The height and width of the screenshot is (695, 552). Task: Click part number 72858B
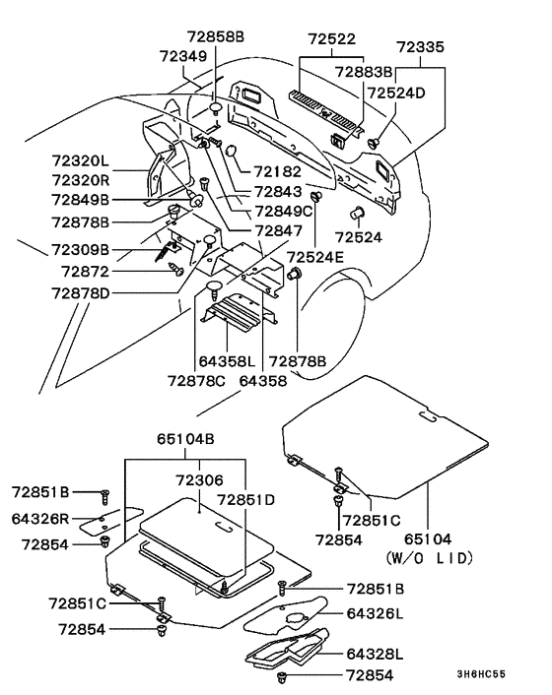[x=215, y=36]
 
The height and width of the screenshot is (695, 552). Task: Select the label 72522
[x=332, y=39]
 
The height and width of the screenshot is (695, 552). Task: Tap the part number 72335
[x=420, y=47]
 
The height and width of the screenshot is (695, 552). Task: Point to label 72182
[x=277, y=172]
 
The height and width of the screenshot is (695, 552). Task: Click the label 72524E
[x=315, y=257]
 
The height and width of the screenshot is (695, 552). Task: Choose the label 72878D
[x=80, y=293]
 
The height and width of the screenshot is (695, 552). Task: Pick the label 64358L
[x=227, y=361]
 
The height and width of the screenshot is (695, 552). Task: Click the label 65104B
[x=185, y=439]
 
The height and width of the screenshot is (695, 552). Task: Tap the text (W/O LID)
[x=429, y=557]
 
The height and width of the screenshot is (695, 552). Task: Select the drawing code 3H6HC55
[x=481, y=674]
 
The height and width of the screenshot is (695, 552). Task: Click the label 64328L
[x=375, y=655]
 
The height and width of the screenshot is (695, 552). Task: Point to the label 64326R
[x=40, y=519]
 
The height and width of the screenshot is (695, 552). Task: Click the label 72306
[x=199, y=480]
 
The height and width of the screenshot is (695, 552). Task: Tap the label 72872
[x=85, y=272]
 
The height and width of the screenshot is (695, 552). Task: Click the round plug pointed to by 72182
[x=232, y=151]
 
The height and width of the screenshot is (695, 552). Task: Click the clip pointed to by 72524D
[x=375, y=143]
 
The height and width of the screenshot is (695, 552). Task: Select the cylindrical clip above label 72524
[x=357, y=213]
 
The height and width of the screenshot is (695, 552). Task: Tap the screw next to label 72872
[x=176, y=269]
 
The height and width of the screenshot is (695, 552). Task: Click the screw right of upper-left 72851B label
[x=105, y=497]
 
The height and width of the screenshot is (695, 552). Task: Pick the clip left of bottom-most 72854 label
[x=281, y=677]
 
